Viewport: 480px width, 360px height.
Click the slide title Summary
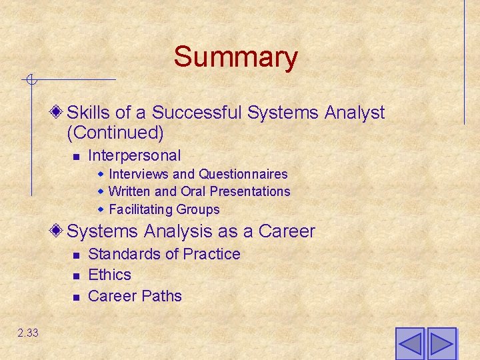tap(235, 57)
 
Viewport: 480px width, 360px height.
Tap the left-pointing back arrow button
tap(409, 344)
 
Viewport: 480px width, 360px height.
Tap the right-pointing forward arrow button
tap(441, 344)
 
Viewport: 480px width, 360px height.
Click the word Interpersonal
tap(134, 156)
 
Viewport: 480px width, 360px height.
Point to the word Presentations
tap(250, 191)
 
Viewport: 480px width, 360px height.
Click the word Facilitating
tap(138, 209)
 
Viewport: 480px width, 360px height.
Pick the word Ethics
tap(109, 275)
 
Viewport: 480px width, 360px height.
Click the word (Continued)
tap(115, 133)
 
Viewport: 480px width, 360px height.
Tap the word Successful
tap(197, 113)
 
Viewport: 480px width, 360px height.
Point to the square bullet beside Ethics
tap(76, 275)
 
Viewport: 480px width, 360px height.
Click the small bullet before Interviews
tap(101, 174)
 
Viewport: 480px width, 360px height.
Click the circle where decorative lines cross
tap(31, 81)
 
